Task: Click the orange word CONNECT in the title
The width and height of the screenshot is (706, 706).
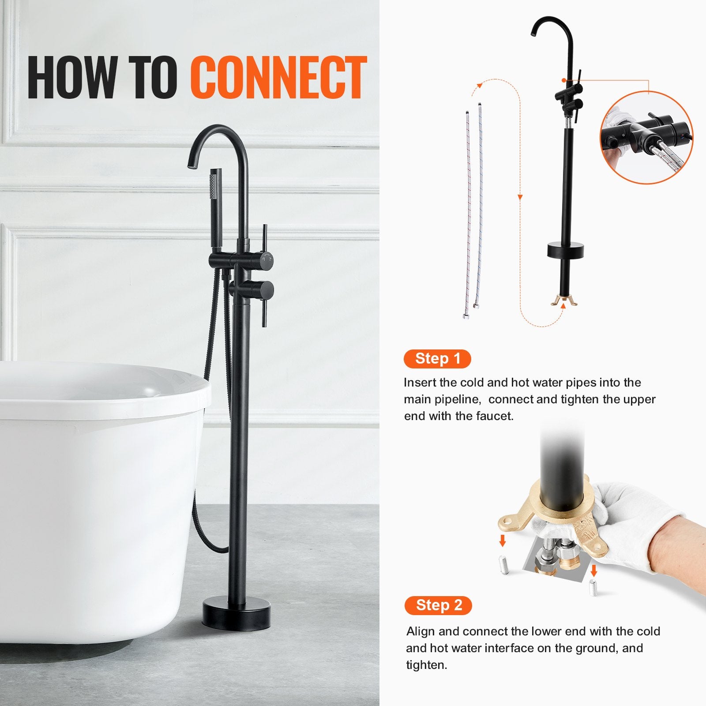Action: point(279,78)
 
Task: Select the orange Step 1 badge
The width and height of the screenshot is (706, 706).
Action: point(437,359)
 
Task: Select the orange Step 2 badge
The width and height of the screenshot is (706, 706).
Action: point(438,605)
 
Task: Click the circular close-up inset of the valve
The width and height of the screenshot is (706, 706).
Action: point(646,138)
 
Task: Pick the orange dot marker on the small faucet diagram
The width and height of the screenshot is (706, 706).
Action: point(564,80)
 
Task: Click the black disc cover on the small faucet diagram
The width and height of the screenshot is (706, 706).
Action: point(565,250)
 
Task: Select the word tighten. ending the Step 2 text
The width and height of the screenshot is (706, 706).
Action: point(427,665)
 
